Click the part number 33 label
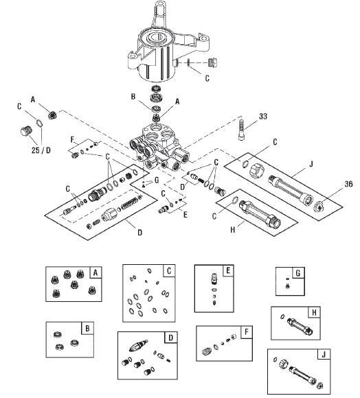pyautogui.click(x=263, y=116)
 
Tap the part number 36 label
pyautogui.click(x=348, y=184)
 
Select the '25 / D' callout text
pyautogui.click(x=41, y=150)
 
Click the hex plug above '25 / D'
pyautogui.click(x=26, y=132)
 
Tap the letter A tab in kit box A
pyautogui.click(x=95, y=273)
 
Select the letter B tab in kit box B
pyautogui.click(x=87, y=329)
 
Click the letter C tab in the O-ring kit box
pyautogui.click(x=169, y=271)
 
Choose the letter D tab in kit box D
pyautogui.click(x=171, y=338)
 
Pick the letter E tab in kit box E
pyautogui.click(x=228, y=270)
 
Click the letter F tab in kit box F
pyautogui.click(x=246, y=332)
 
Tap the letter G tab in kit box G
pyautogui.click(x=298, y=273)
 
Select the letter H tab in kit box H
pyautogui.click(x=314, y=312)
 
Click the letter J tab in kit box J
pyautogui.click(x=324, y=355)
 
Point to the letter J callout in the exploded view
pyautogui.click(x=311, y=164)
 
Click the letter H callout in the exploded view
pyautogui.click(x=232, y=230)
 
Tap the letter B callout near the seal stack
pyautogui.click(x=133, y=97)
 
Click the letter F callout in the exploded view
pyautogui.click(x=72, y=139)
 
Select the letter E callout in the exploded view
pyautogui.click(x=185, y=215)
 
